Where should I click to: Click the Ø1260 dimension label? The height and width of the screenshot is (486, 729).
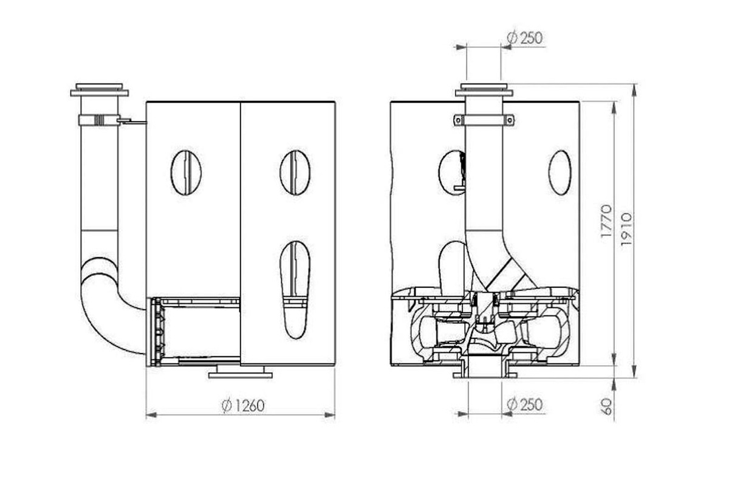(x=243, y=406)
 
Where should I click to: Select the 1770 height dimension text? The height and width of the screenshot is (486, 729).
(x=606, y=221)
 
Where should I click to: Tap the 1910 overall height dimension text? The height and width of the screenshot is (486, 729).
(x=626, y=229)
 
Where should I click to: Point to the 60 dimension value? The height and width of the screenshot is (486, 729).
(x=607, y=406)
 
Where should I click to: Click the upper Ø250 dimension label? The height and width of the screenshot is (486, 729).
(x=525, y=38)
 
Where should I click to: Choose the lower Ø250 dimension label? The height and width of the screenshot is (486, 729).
(x=525, y=405)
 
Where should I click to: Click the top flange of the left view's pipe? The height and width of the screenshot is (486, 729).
(x=99, y=90)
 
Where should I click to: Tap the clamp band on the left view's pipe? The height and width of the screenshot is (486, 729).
(x=100, y=120)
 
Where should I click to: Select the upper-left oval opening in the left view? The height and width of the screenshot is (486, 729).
(x=186, y=173)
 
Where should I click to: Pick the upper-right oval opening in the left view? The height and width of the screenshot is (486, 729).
(x=295, y=173)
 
